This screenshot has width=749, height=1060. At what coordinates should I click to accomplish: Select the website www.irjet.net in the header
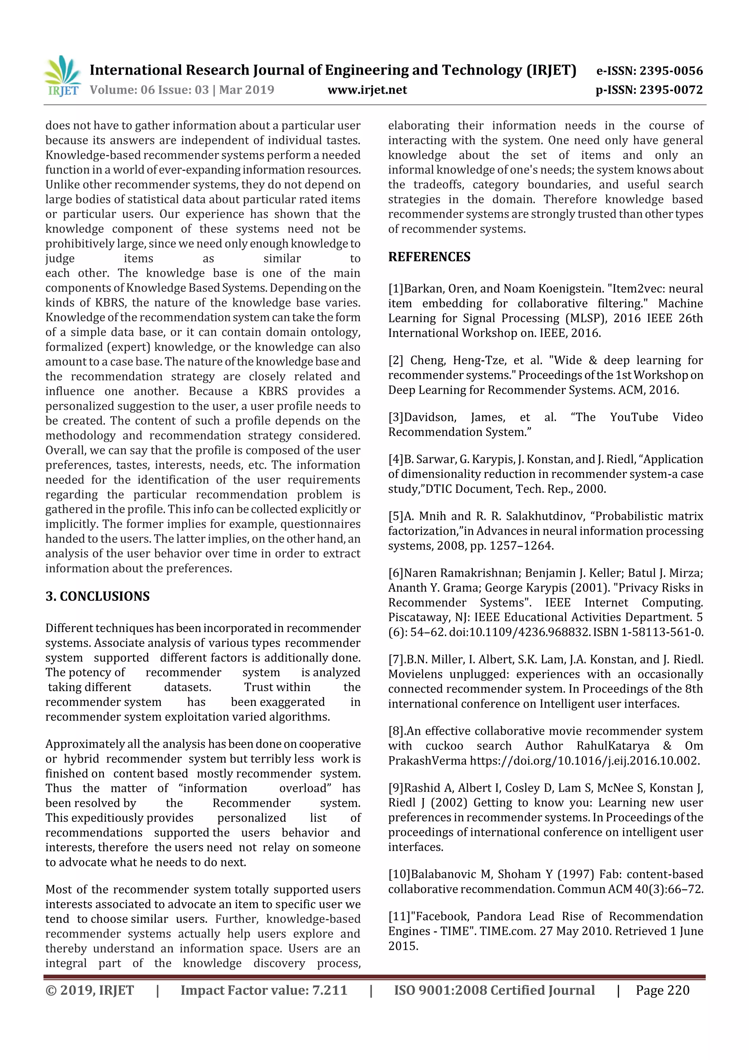(x=367, y=90)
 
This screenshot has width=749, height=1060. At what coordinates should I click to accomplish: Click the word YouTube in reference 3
(x=634, y=417)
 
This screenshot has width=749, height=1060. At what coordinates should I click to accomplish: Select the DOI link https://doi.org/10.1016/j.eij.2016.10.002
(x=584, y=761)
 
